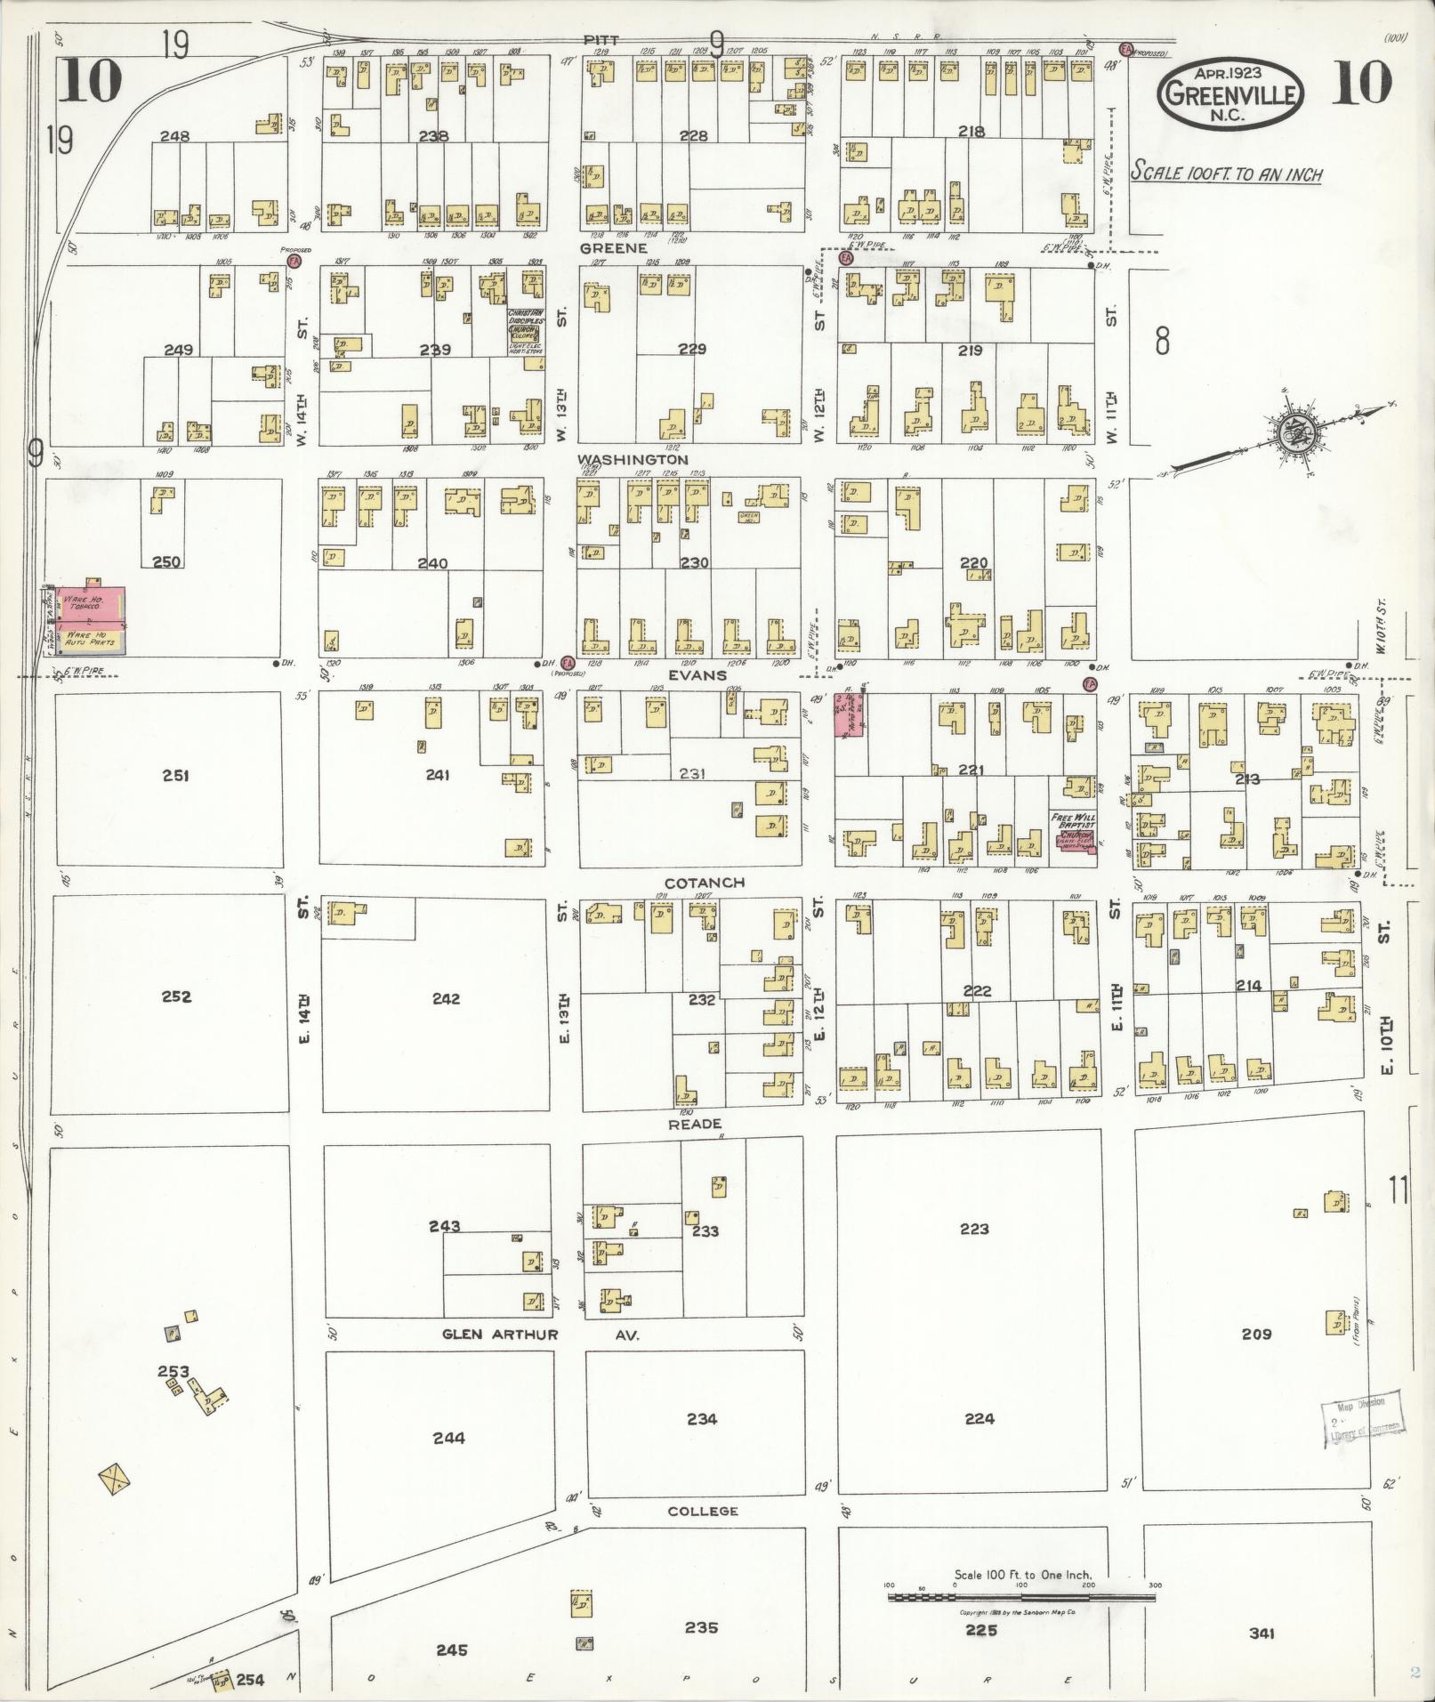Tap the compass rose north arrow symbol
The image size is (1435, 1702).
tap(1291, 433)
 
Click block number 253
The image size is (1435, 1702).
tap(173, 1371)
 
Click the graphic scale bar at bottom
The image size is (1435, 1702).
tap(1021, 1598)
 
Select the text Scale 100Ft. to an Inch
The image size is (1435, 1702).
tap(1226, 173)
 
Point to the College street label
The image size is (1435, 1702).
tap(702, 1511)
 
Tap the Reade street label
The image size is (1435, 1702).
tap(695, 1124)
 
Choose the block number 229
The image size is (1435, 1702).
tap(691, 349)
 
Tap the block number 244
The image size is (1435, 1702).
tap(448, 1438)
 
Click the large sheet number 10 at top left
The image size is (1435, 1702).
tap(91, 82)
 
